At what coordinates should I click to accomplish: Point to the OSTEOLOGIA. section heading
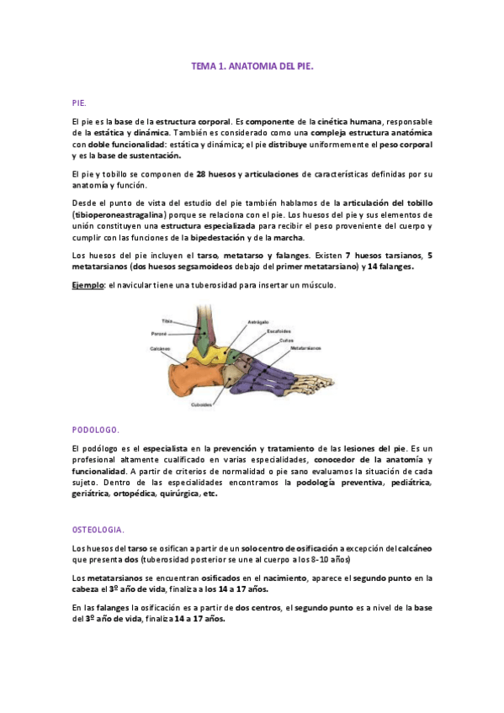pos(98,531)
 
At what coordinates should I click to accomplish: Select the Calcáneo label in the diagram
pos(161,347)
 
